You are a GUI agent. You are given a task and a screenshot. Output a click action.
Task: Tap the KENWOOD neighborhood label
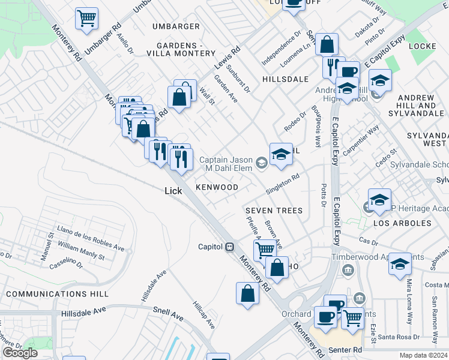click(x=217, y=187)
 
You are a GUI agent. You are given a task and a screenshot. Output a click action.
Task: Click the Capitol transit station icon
click(x=229, y=247)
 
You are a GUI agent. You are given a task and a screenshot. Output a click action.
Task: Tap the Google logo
click(x=20, y=353)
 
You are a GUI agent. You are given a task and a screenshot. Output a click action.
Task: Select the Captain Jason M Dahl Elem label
click(x=225, y=164)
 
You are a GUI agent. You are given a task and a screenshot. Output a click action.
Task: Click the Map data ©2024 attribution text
click(x=423, y=355)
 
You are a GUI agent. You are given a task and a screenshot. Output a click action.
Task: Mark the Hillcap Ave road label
click(x=203, y=314)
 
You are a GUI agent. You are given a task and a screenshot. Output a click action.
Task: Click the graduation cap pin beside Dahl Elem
click(x=280, y=154)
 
